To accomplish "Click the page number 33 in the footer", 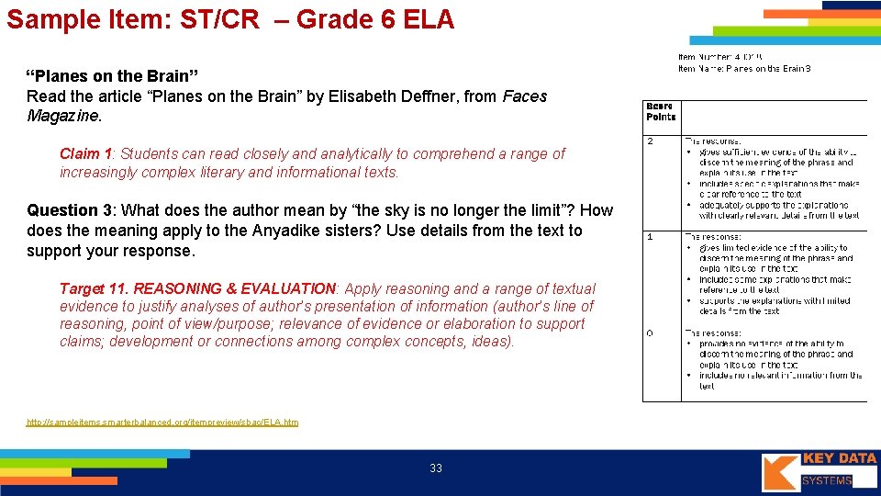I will [436, 468].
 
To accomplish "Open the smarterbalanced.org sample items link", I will [162, 422].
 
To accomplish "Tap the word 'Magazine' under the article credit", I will [63, 116].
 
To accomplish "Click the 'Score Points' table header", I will [661, 111].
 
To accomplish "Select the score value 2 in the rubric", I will [650, 141].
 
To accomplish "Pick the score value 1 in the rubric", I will [650, 237].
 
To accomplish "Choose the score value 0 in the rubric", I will [650, 333].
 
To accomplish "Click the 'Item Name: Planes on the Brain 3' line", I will [744, 68].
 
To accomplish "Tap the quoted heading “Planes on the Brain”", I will [112, 75].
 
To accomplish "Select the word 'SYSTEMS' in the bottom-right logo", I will [827, 480].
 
